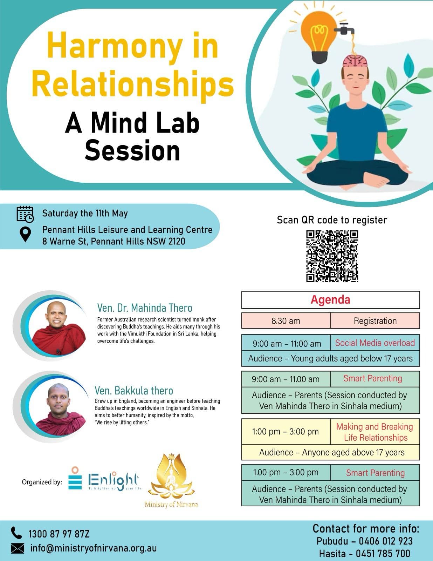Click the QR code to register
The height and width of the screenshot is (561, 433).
point(332,256)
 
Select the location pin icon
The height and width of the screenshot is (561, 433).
point(25,234)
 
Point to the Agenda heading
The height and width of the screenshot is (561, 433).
point(330,300)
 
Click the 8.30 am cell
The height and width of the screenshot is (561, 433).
point(286,321)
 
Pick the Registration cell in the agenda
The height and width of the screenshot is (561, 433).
point(375,321)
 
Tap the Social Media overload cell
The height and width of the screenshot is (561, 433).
point(375,343)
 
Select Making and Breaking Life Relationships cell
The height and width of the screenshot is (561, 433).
point(375,432)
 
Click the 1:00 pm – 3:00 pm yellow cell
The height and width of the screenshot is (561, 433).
point(286,432)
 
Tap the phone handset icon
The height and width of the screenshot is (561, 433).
point(16,533)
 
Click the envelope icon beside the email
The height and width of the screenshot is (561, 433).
point(18,548)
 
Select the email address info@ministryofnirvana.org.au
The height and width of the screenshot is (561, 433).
point(93,548)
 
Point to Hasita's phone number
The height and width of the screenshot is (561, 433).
point(383,554)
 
